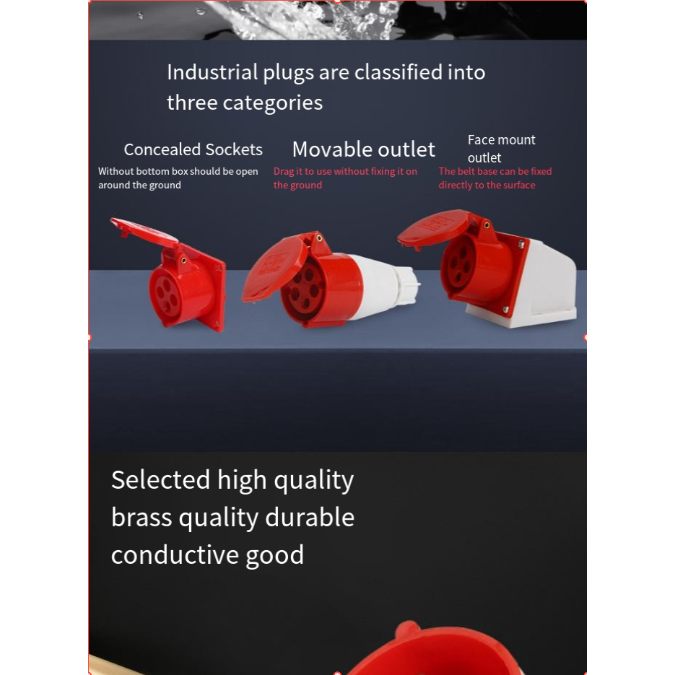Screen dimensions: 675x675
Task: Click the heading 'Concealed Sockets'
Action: coord(193,150)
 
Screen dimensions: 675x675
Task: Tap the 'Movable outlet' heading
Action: coord(364,149)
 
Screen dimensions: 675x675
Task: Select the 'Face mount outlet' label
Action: coord(502,149)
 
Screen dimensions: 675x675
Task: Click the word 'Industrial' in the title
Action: coord(212,72)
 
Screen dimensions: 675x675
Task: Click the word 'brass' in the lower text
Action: coord(141,517)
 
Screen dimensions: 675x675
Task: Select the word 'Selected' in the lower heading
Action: coord(160,479)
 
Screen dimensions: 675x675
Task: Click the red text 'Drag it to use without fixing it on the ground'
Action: coord(345,178)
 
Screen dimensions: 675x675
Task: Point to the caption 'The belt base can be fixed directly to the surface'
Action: coord(495,178)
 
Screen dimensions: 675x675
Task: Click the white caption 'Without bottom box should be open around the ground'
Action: coord(178,178)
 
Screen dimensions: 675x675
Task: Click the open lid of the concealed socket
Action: coord(144,232)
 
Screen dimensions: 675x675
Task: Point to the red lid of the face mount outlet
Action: coord(432,229)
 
